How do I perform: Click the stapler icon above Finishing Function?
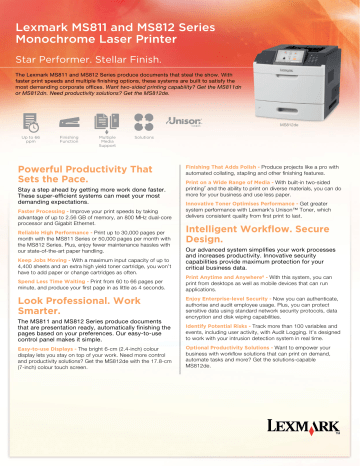(69, 126)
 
